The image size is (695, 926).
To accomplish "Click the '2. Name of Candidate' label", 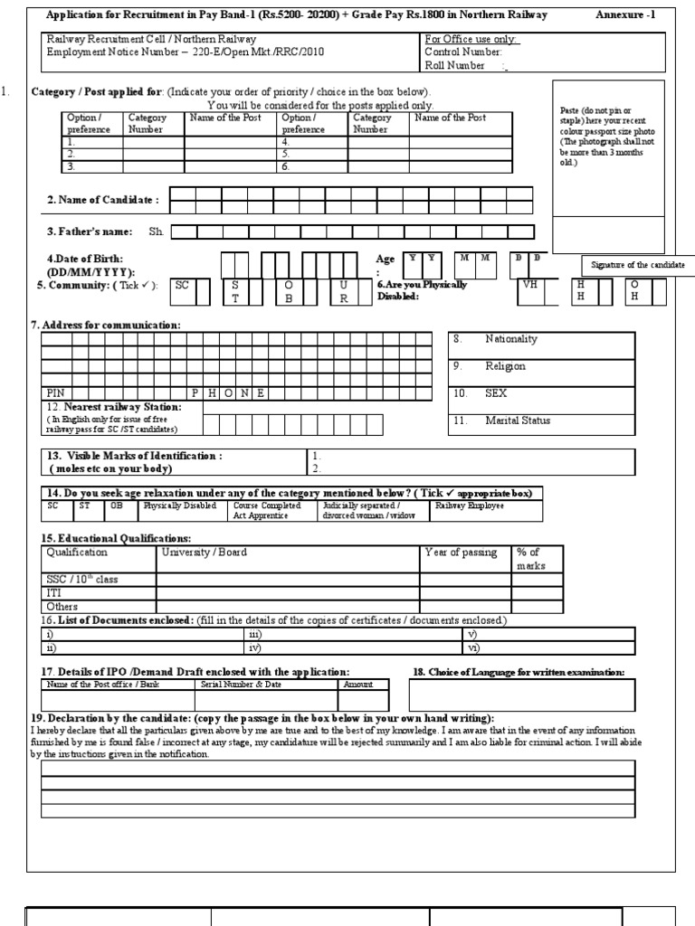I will [x=103, y=200].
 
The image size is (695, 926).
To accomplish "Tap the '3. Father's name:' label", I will [x=90, y=232].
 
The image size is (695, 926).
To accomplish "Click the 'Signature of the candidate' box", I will [x=638, y=265].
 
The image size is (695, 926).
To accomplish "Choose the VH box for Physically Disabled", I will [x=529, y=285].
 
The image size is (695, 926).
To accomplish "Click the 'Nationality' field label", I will [x=510, y=339].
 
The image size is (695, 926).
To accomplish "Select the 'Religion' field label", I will [x=505, y=366].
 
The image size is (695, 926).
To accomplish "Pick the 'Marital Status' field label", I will [x=517, y=420].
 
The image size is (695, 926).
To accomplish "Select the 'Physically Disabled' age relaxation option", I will [x=180, y=506].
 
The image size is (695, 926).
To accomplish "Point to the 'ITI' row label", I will [x=53, y=592].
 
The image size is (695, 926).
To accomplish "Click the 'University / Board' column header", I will [x=204, y=553].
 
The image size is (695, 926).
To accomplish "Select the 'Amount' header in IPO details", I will [x=357, y=685].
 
